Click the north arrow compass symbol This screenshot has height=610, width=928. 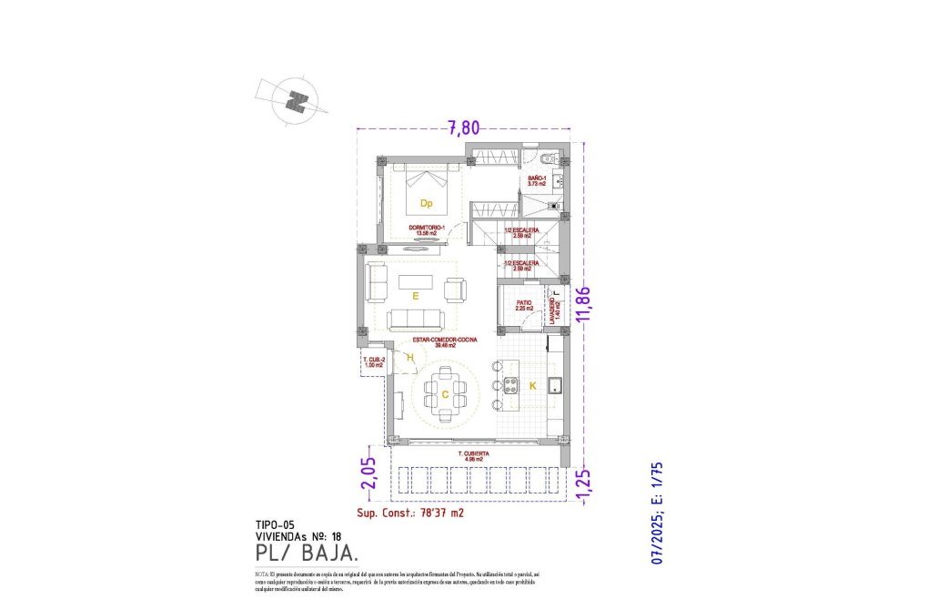coord(294,101)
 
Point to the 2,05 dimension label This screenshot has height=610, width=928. coord(368,473)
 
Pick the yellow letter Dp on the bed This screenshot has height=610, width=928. coord(425,203)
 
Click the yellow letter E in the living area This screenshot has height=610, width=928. coord(415,296)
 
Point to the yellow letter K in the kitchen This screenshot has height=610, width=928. coord(533,387)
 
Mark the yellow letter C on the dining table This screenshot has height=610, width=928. coord(445,394)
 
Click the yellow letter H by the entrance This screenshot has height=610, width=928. coord(410,358)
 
